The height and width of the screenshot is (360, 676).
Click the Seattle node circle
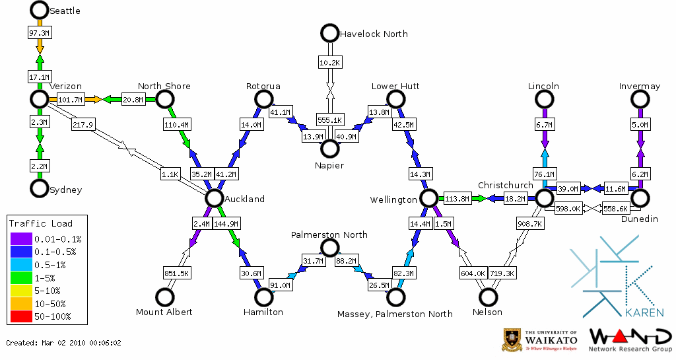pos(40,10)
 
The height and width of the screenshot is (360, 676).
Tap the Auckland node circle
pos(214,198)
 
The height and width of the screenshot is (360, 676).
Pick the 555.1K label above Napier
pos(329,120)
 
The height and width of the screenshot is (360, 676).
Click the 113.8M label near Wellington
pos(457,198)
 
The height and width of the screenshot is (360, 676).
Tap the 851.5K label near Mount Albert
pos(176,273)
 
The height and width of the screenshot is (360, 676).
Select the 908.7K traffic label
pos(530,224)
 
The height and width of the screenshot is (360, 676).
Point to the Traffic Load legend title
pos(41,223)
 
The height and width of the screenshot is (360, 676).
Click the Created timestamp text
pos(64,343)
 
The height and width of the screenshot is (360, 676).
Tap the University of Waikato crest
pos(512,340)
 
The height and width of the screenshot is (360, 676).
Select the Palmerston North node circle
pos(329,248)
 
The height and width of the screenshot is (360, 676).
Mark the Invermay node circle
pos(640,99)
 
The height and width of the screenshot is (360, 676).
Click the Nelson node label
pos(489,312)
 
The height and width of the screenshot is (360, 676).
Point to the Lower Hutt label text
pos(395,87)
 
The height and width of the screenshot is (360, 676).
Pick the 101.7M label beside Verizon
pos(70,100)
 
